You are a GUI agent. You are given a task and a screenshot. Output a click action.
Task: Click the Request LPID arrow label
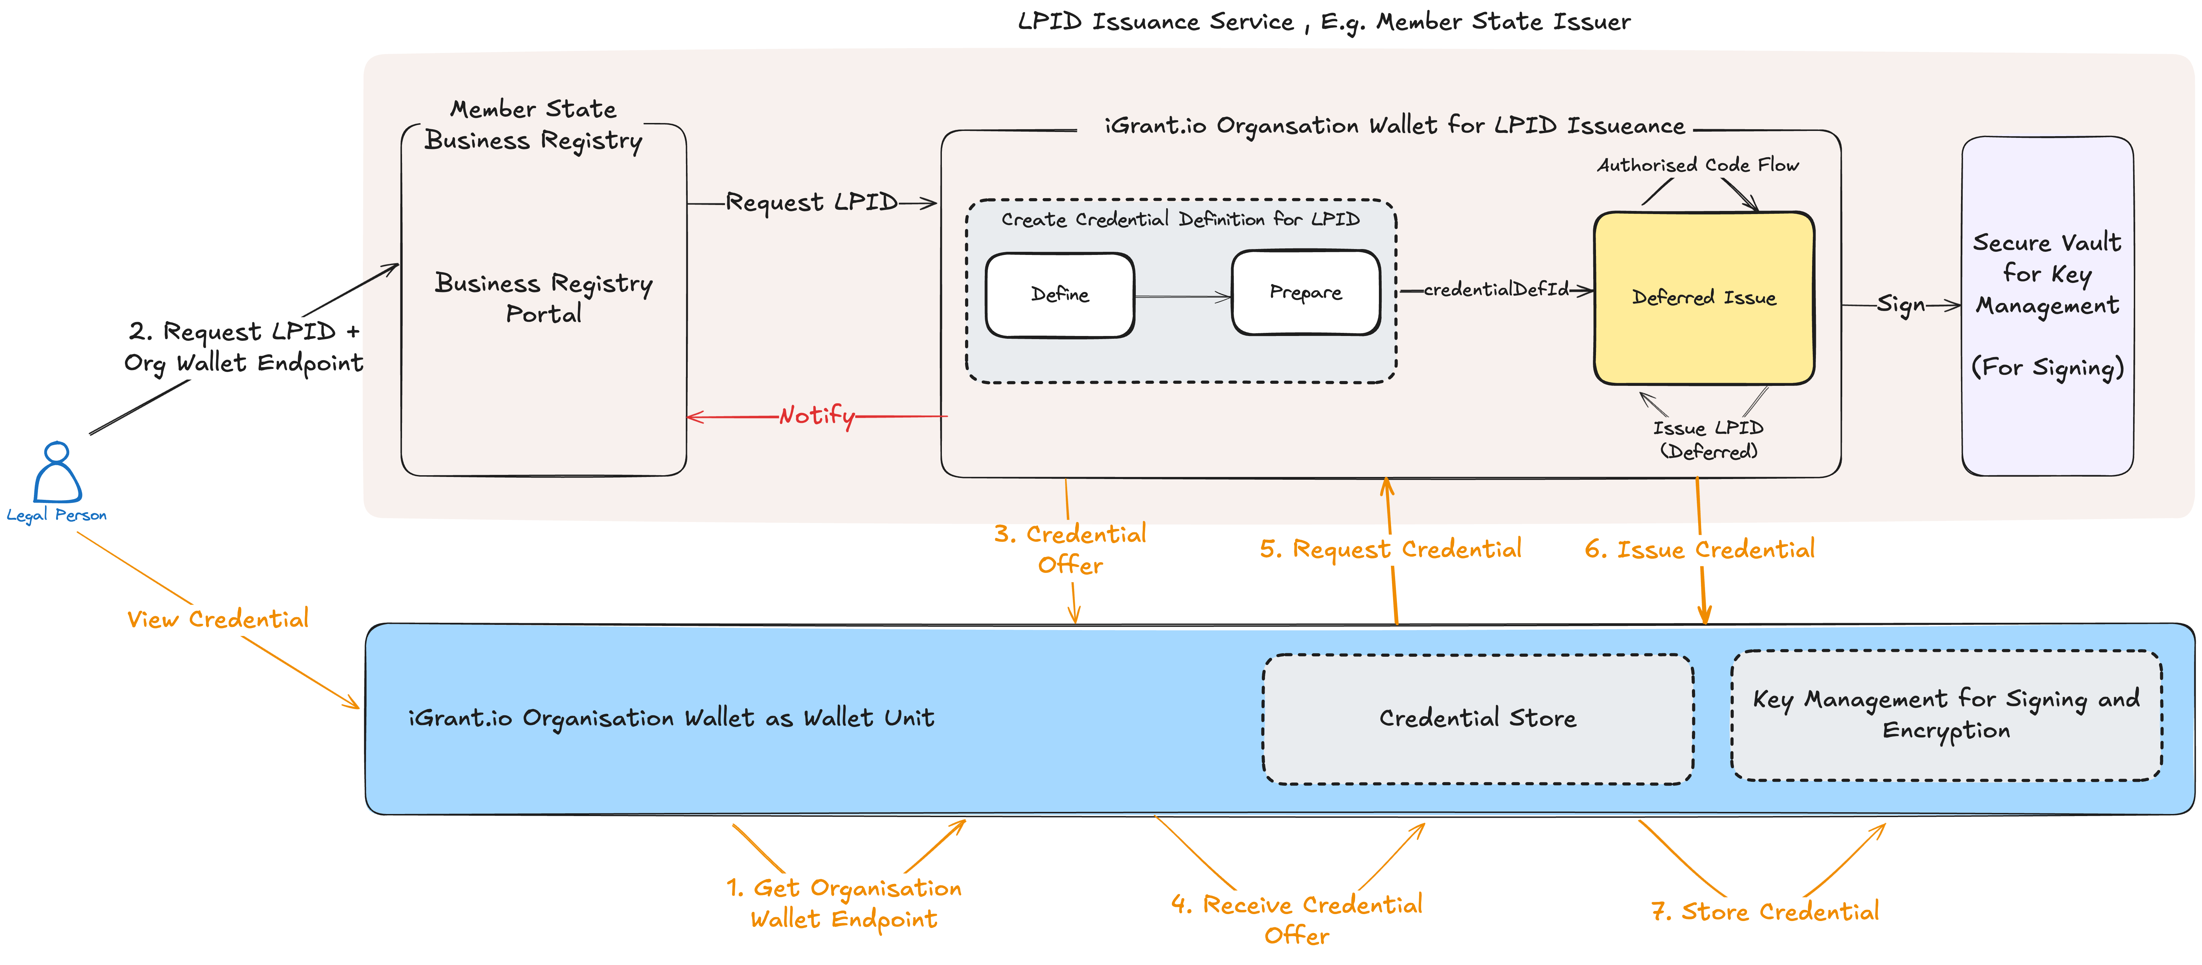click(x=811, y=203)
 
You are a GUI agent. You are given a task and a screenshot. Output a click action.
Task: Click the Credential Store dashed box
click(x=1477, y=718)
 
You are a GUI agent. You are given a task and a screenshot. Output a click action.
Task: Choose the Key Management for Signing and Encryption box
click(x=1945, y=715)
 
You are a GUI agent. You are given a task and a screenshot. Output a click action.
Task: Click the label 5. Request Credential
click(x=1390, y=549)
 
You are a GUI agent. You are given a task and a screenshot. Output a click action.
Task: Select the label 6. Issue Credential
click(x=1699, y=549)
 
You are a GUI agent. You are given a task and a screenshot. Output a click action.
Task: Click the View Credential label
click(x=218, y=619)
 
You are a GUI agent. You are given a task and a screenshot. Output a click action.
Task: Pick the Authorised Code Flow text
click(x=1698, y=165)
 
